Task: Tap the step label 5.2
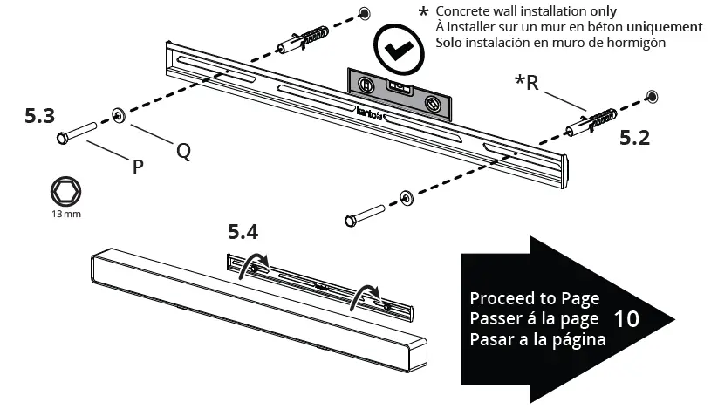click(634, 137)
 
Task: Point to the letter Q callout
click(183, 150)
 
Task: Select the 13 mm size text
click(66, 215)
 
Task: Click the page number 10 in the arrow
click(626, 318)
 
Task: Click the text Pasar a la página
click(537, 339)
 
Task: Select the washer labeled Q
click(119, 113)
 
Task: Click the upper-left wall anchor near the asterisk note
click(303, 39)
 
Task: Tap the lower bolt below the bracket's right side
click(366, 212)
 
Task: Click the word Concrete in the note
click(465, 11)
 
